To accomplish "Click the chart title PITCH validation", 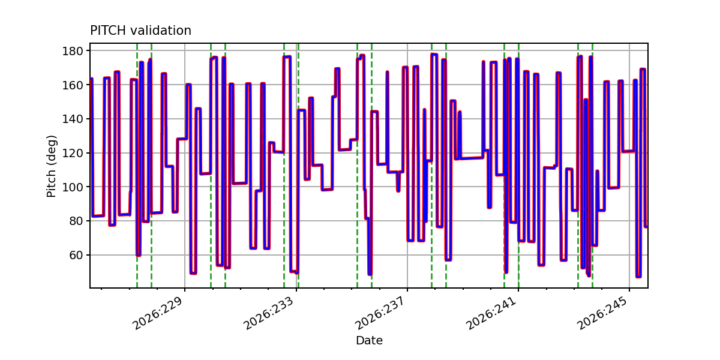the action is pyautogui.click(x=140, y=31).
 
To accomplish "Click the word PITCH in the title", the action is pyautogui.click(x=108, y=31).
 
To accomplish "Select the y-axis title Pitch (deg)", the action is pyautogui.click(x=52, y=166).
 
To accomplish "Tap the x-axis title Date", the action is pyautogui.click(x=369, y=340).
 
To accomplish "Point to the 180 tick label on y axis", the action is pyautogui.click(x=73, y=51).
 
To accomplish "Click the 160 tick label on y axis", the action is pyautogui.click(x=73, y=85).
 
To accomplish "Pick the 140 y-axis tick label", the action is pyautogui.click(x=73, y=119).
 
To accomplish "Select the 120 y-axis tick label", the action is pyautogui.click(x=73, y=153).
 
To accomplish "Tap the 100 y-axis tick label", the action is pyautogui.click(x=73, y=187).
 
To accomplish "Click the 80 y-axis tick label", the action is pyautogui.click(x=76, y=221).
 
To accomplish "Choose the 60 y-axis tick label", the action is pyautogui.click(x=76, y=255).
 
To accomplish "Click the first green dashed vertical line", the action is pyautogui.click(x=137, y=166).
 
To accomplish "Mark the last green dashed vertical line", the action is pyautogui.click(x=592, y=166).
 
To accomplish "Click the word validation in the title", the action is pyautogui.click(x=161, y=31).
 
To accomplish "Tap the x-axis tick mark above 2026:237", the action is pyautogui.click(x=407, y=290).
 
